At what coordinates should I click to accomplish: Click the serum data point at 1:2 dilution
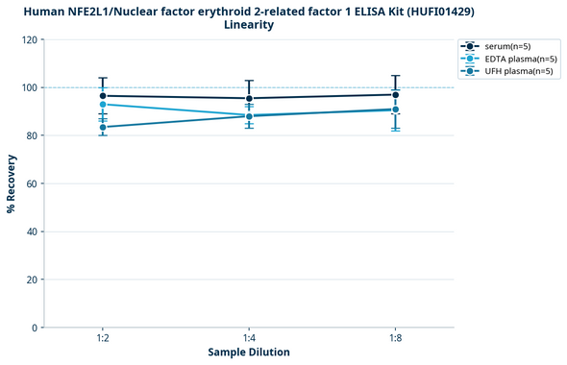(103, 96)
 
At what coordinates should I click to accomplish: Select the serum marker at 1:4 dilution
(249, 98)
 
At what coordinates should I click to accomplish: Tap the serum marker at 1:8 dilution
(396, 94)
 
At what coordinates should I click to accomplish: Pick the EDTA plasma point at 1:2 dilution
(103, 104)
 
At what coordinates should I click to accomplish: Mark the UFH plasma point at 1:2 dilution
(103, 127)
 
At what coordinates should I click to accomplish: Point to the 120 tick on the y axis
(27, 39)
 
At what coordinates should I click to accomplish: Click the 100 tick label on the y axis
(27, 87)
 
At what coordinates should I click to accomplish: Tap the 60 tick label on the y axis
(30, 183)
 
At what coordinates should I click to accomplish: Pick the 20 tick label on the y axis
(30, 280)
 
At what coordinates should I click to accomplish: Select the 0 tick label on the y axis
(33, 328)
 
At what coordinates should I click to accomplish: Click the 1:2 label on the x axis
(103, 339)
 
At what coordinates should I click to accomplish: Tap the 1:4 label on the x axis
(249, 339)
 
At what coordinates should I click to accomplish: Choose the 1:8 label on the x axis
(396, 339)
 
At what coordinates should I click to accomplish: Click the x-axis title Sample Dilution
(249, 353)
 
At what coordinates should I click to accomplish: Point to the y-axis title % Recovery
(12, 183)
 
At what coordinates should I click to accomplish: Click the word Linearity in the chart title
(249, 25)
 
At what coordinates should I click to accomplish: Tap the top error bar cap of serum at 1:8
(396, 76)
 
